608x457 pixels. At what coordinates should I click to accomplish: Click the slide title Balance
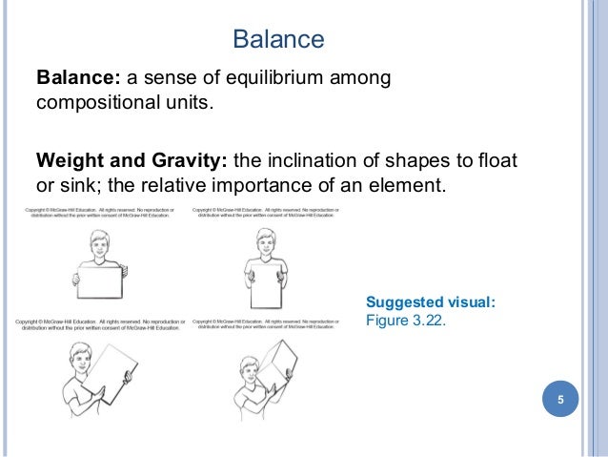click(278, 40)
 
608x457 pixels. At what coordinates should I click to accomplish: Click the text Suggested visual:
click(431, 302)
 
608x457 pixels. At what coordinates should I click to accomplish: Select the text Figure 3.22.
click(405, 321)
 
